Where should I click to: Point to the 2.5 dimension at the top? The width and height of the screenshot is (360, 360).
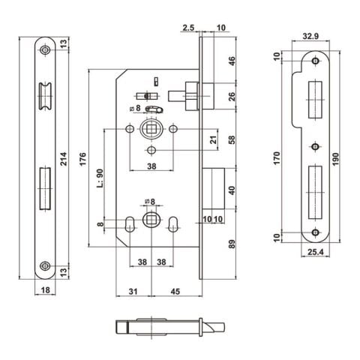[189, 28]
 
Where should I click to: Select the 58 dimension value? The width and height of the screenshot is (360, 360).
[232, 139]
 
